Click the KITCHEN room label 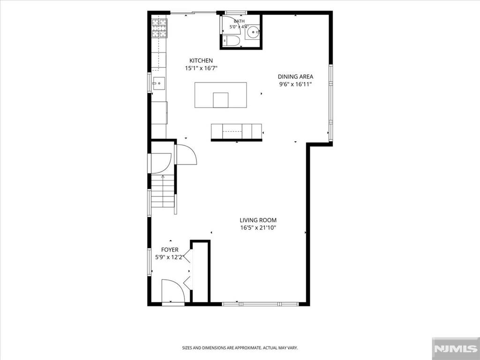click(x=201, y=60)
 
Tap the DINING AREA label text click(x=295, y=77)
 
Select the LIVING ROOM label click(x=258, y=220)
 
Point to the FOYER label click(x=170, y=250)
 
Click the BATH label click(x=239, y=21)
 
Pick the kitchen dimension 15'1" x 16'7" click(x=201, y=68)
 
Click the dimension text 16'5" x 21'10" click(x=258, y=228)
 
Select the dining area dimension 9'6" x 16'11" click(x=295, y=84)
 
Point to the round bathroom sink click(x=252, y=31)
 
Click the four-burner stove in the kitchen click(x=159, y=28)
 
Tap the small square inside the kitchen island click(x=221, y=100)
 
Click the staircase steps click(x=163, y=191)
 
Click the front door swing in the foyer click(x=173, y=291)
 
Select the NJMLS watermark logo click(x=456, y=348)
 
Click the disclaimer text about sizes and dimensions click(x=240, y=348)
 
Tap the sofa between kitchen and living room click(x=236, y=131)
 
